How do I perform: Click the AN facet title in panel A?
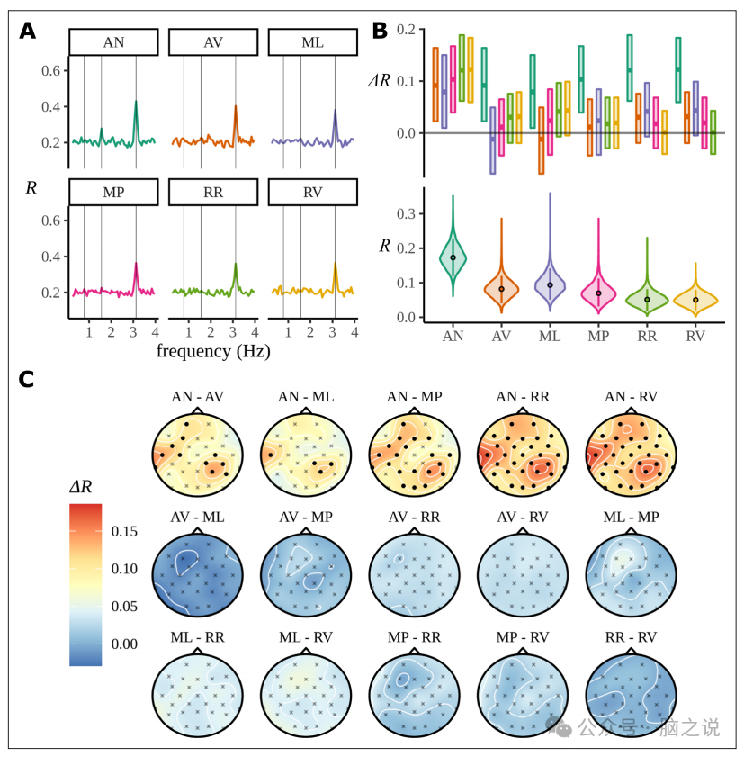(114, 42)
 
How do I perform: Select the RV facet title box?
(312, 192)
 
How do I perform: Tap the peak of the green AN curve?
(136, 101)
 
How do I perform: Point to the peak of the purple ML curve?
(335, 110)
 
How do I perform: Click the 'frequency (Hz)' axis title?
(213, 351)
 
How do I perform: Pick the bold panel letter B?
(381, 31)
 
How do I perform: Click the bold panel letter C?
(28, 380)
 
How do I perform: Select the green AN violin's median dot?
(453, 257)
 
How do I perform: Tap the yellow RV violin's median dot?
(695, 300)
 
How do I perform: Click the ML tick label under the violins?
(550, 336)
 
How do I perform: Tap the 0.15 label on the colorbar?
(124, 532)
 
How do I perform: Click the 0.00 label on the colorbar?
(124, 644)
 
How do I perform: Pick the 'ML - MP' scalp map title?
(630, 517)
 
